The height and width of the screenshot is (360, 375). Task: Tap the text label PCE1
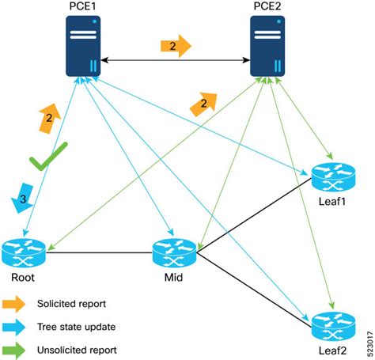point(81,7)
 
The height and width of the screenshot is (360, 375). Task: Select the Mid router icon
point(175,252)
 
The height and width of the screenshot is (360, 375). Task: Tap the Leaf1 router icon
point(329,179)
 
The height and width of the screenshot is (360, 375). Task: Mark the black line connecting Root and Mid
point(99,253)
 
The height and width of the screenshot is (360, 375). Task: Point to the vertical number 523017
point(368,338)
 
